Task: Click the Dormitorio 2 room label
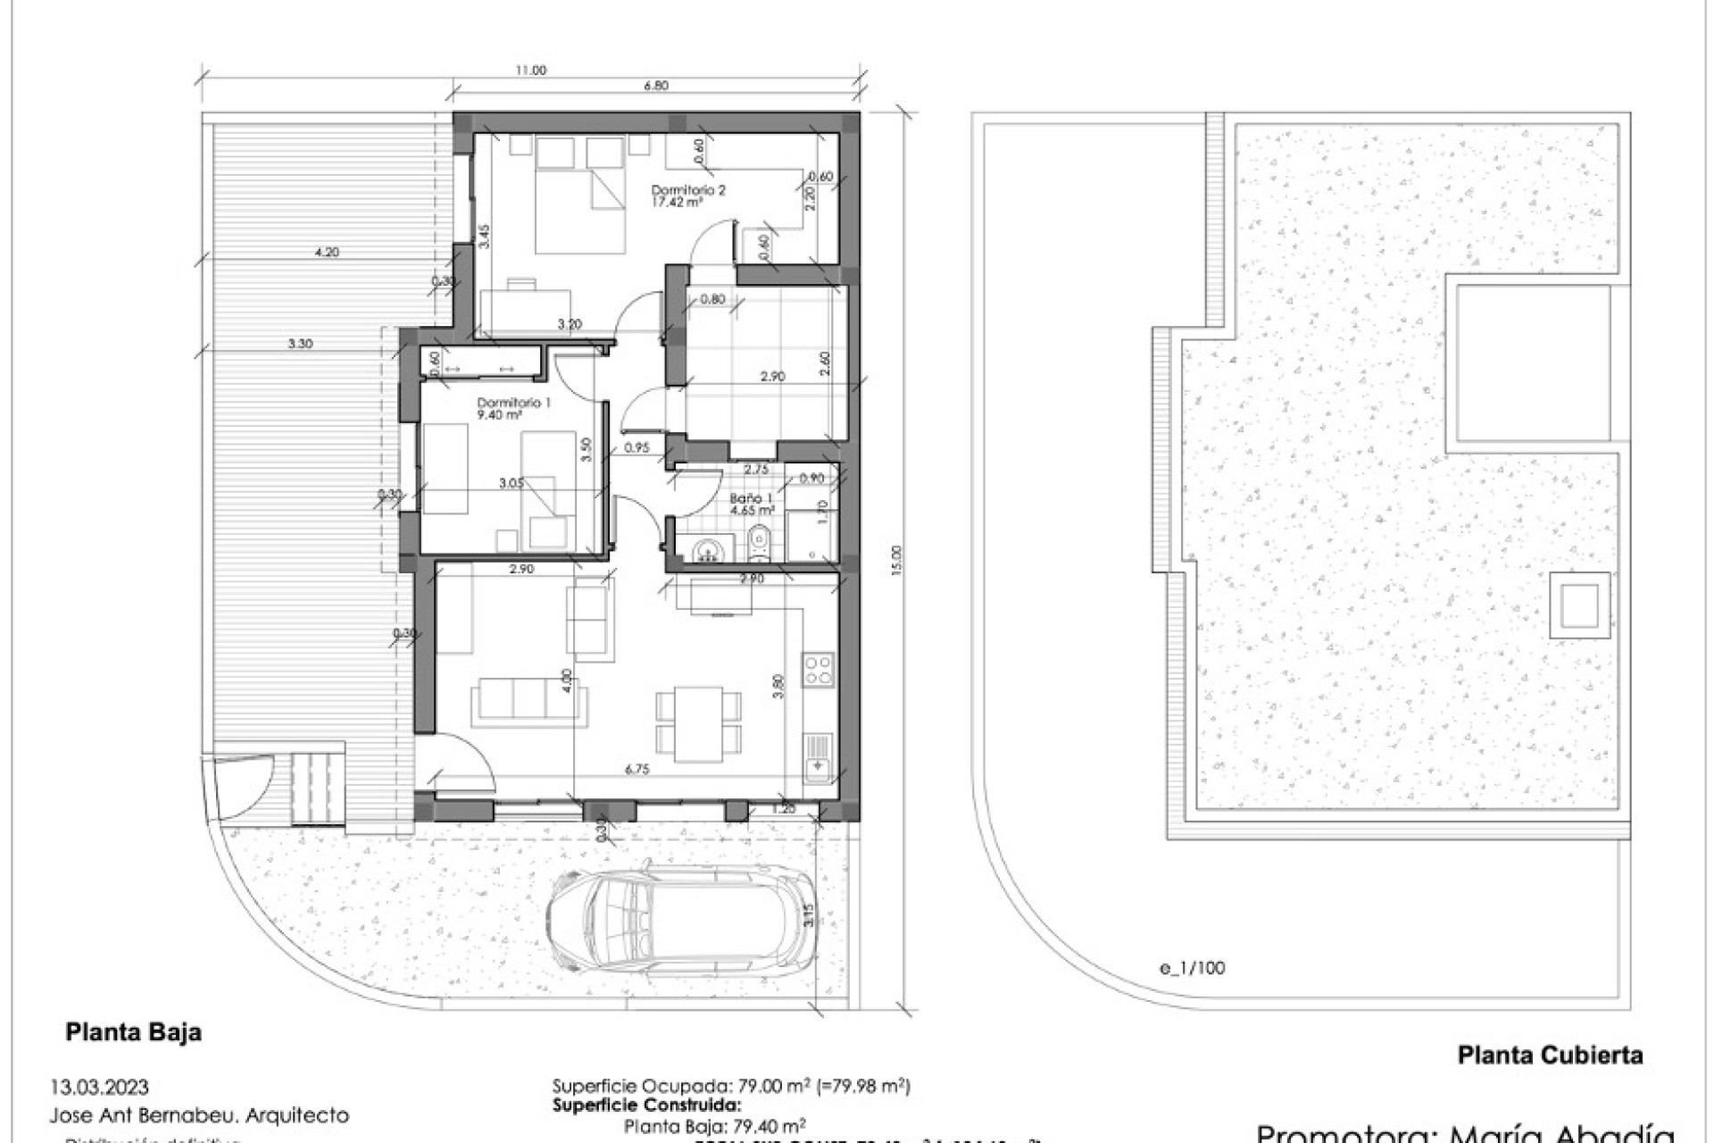click(x=687, y=196)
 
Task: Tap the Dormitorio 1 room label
click(x=513, y=408)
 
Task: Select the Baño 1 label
click(x=751, y=505)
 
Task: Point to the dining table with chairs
click(x=698, y=722)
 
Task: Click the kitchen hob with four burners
click(x=819, y=670)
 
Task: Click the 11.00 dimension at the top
click(x=530, y=71)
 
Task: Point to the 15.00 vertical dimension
click(x=897, y=561)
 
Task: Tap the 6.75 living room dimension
click(x=637, y=769)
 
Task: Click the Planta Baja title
click(x=133, y=1032)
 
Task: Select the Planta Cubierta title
click(x=1550, y=1055)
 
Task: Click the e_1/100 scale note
click(x=1194, y=968)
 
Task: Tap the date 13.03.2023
click(x=100, y=1088)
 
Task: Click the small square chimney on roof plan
click(x=1579, y=605)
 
